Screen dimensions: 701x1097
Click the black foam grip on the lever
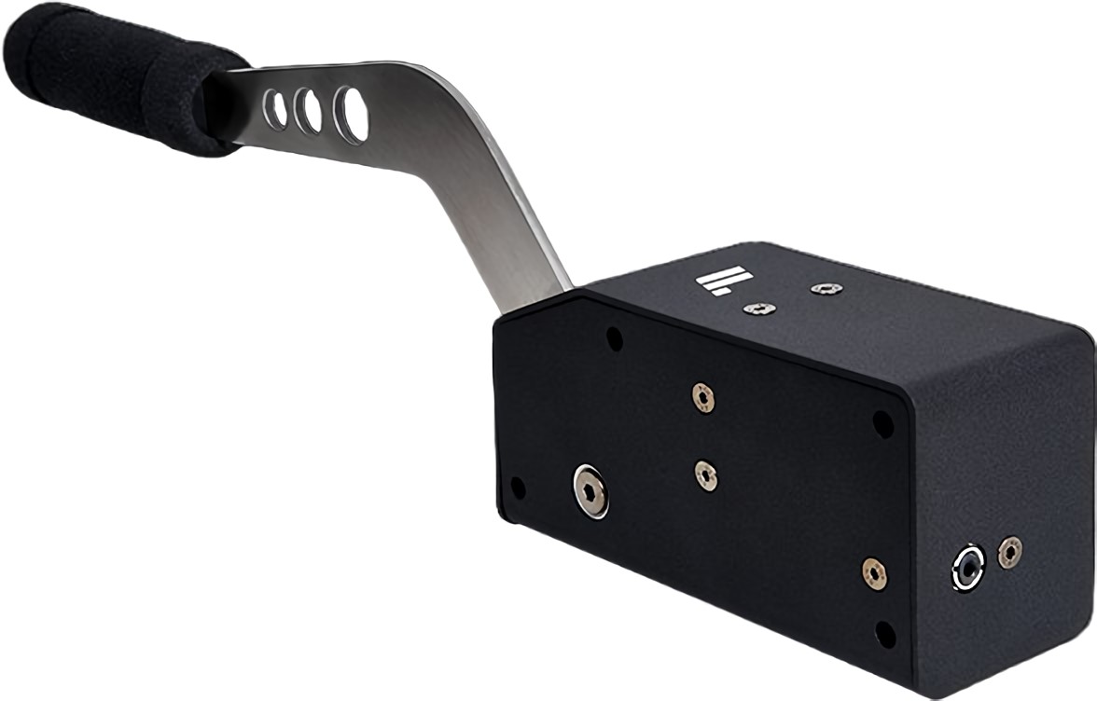coord(121,78)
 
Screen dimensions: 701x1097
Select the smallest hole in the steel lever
coord(275,110)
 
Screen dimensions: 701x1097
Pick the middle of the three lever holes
coord(308,112)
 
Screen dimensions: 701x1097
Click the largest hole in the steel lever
coord(352,115)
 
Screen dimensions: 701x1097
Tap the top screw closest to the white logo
coord(759,309)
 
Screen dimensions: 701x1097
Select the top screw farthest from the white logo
coord(826,289)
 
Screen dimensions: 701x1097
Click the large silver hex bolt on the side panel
coord(590,488)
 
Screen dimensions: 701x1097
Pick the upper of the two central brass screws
coord(703,397)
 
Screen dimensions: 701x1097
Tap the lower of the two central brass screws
coord(707,474)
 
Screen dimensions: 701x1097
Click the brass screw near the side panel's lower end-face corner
coord(874,572)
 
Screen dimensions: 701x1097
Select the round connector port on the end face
coord(968,566)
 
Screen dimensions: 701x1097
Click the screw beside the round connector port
coord(1009,552)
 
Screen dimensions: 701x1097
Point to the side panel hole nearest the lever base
coord(614,338)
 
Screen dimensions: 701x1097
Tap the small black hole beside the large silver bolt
coord(518,488)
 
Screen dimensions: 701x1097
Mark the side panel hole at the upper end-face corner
coord(882,423)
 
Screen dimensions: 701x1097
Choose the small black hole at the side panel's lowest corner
coord(885,635)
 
